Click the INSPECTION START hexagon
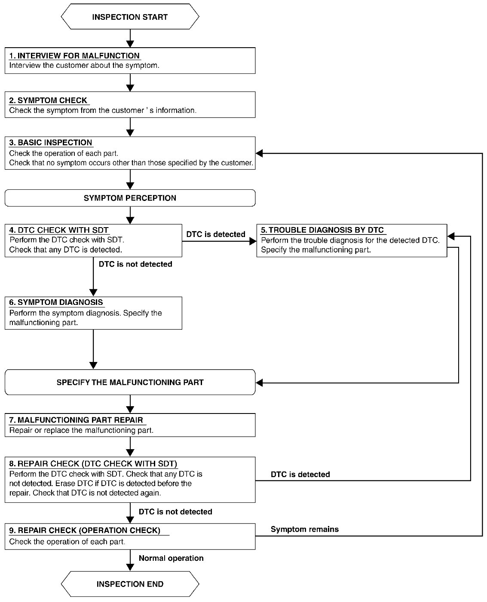click(130, 16)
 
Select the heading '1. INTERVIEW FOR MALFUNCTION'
click(74, 56)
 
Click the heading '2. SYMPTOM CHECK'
click(48, 100)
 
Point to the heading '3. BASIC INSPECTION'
click(50, 143)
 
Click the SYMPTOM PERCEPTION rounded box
click(130, 198)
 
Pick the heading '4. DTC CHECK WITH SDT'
click(58, 230)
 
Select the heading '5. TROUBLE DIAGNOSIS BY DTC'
click(322, 230)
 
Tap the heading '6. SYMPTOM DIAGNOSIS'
click(56, 302)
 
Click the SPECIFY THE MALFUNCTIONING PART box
click(130, 382)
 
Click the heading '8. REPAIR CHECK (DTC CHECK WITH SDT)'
click(93, 464)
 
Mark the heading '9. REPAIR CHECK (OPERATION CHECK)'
click(85, 530)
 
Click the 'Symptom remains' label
click(304, 529)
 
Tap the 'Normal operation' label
click(171, 558)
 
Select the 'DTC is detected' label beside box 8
click(300, 474)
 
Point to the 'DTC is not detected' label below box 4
click(135, 264)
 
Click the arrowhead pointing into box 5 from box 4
click(253, 241)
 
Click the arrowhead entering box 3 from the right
click(259, 153)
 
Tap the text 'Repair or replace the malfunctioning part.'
click(81, 430)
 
